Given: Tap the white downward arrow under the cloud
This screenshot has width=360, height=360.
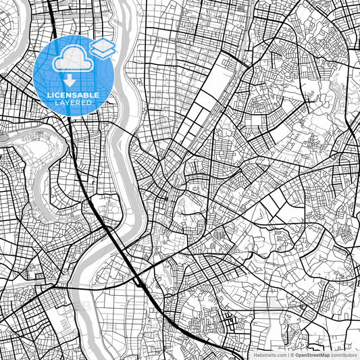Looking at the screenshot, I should [x=69, y=78].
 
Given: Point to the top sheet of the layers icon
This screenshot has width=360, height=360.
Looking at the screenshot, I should [x=102, y=43].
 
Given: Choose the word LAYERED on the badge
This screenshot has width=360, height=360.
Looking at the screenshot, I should [x=74, y=103].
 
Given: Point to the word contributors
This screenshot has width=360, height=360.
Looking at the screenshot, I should [x=344, y=355].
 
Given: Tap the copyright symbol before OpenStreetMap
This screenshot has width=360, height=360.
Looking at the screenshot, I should [x=292, y=355].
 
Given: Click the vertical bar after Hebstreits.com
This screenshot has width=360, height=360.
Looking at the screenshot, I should [x=288, y=355].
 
